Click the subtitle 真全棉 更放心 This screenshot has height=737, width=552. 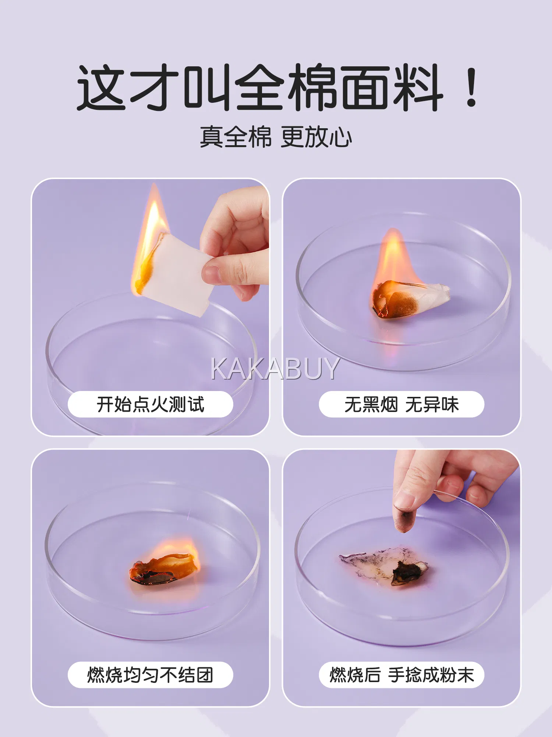(x=276, y=137)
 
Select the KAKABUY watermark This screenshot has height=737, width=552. (x=275, y=368)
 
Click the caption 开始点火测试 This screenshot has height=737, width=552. (x=151, y=404)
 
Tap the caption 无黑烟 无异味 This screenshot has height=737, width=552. (x=401, y=404)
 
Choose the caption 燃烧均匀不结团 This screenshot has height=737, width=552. (x=151, y=675)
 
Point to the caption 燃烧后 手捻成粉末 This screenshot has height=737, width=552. (x=401, y=675)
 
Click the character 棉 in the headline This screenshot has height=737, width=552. (x=313, y=87)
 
